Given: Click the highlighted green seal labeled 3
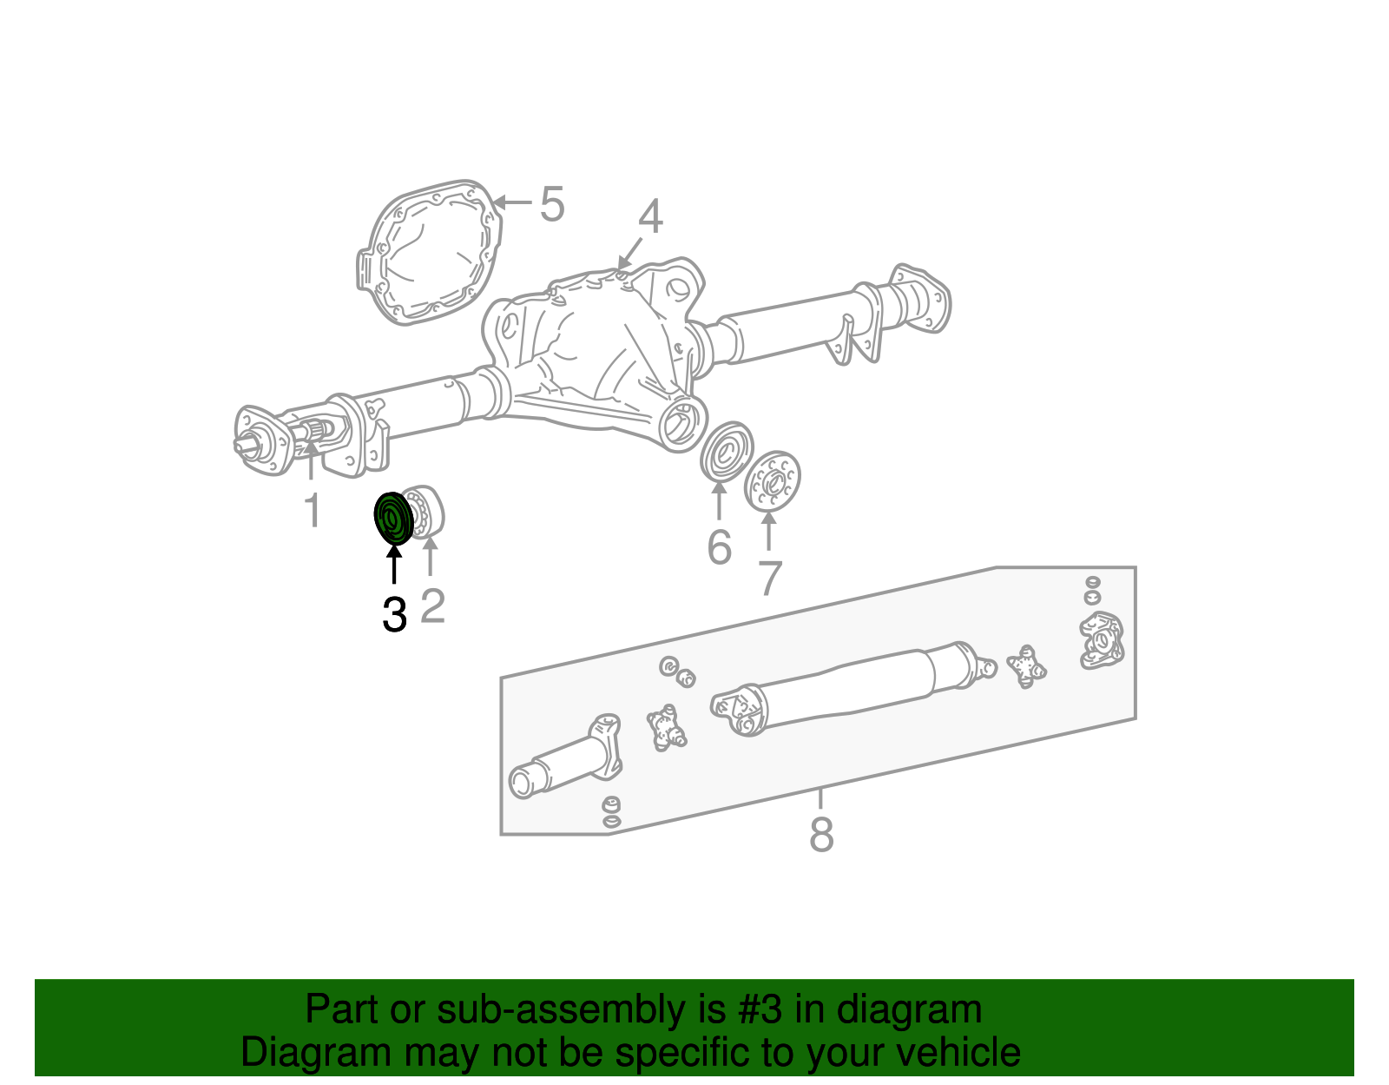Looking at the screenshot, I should pos(392,519).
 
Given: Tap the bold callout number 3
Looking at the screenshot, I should pos(394,615).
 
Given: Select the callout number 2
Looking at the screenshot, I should pos(432,605).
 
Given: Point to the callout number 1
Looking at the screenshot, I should pos(312,510).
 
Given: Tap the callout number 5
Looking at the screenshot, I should pos(552,205).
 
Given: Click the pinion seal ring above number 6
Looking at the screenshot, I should pos(727,451).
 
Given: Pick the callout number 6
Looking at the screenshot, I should pos(719,547).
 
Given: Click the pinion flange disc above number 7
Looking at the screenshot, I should pos(772,482).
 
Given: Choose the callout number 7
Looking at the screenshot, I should pos(770,579).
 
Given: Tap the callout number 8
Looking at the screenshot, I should pos(821,835).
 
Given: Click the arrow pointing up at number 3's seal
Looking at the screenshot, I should pos(394,566).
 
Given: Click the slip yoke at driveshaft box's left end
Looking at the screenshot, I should pos(564,758).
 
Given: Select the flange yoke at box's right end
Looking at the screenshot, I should pos(1101,641).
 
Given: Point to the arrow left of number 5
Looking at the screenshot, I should pos(513,202).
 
